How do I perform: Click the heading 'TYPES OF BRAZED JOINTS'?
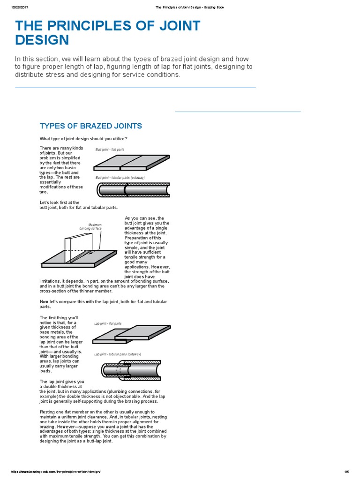coord(90,126)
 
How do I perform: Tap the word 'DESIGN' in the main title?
coord(42,40)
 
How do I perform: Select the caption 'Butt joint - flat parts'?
coord(110,150)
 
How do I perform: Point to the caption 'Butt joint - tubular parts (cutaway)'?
coord(120,178)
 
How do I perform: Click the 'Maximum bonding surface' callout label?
coord(90,227)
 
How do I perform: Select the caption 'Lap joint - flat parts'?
coord(108,323)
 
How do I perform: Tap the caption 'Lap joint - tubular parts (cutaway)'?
coord(118,354)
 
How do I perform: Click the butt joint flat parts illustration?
coord(131,163)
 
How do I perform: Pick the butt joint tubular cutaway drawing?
coord(133,190)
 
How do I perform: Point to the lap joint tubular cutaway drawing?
coord(131,370)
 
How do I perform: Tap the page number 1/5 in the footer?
coord(346,472)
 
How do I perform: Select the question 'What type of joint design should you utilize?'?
coord(83,138)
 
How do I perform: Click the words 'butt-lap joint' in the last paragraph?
coord(98,441)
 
